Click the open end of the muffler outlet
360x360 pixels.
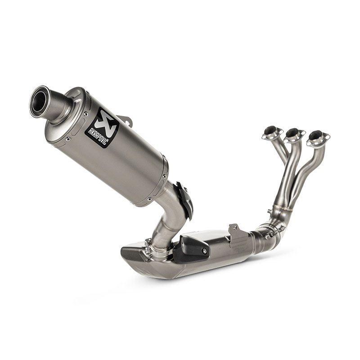tap(39, 100)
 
